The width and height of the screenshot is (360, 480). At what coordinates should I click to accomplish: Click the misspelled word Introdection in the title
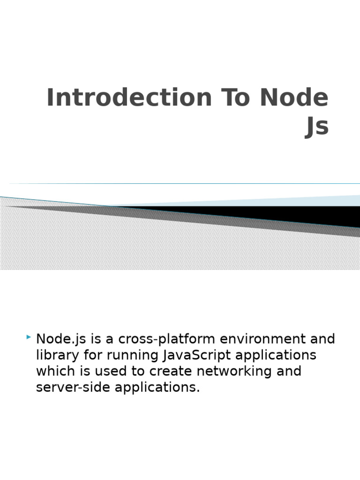pos(129,98)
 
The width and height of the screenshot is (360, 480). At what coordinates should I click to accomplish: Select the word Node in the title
pos(294,98)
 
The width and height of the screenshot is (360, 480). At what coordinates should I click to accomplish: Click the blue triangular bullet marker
pos(29,337)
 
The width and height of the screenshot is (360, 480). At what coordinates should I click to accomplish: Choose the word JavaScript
pos(197,355)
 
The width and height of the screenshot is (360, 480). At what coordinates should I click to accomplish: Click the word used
pos(118,371)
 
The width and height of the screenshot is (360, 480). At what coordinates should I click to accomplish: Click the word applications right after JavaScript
pos(276,355)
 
